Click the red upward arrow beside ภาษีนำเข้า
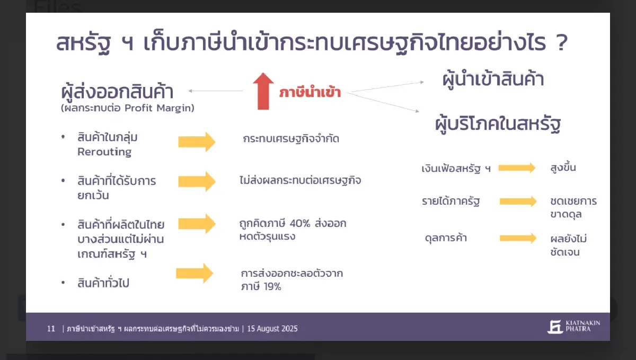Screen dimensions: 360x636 pyautogui.click(x=263, y=91)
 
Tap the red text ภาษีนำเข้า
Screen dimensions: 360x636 pyautogui.click(x=310, y=93)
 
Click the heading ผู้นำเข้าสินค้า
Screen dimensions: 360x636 pyautogui.click(x=493, y=80)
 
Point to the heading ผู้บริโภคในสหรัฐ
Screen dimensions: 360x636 pyautogui.click(x=498, y=125)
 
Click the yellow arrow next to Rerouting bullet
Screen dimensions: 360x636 pyautogui.click(x=197, y=142)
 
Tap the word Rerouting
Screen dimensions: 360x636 pyautogui.click(x=104, y=152)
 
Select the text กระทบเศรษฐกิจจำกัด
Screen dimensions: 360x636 pyautogui.click(x=291, y=139)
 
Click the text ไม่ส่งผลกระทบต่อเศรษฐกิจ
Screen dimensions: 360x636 pyautogui.click(x=300, y=180)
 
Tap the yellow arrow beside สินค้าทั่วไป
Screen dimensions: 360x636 pyautogui.click(x=195, y=273)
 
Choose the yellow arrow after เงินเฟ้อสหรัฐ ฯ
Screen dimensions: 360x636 pyautogui.click(x=517, y=168)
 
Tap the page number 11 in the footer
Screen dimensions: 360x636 pyautogui.click(x=51, y=329)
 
